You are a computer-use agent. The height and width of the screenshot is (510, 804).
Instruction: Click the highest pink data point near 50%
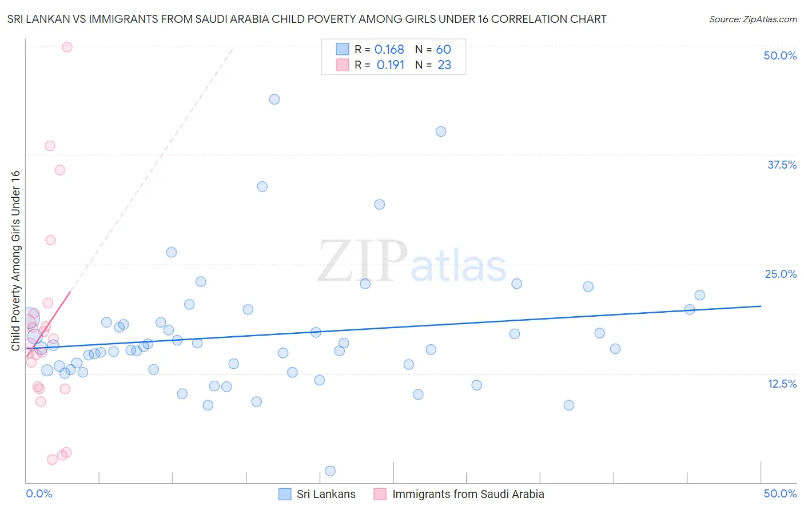pyautogui.click(x=67, y=47)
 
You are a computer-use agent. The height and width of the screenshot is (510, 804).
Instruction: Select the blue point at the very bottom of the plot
pyautogui.click(x=330, y=471)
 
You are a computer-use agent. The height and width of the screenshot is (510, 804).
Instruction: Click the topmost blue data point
pyautogui.click(x=274, y=99)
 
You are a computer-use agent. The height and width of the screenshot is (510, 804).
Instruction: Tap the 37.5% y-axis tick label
pyautogui.click(x=782, y=165)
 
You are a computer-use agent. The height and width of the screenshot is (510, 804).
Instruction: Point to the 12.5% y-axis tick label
pyautogui.click(x=782, y=384)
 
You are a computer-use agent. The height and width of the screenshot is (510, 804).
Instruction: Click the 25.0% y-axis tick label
pyautogui.click(x=781, y=274)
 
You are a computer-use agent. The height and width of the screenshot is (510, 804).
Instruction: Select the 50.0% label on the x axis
pyautogui.click(x=780, y=493)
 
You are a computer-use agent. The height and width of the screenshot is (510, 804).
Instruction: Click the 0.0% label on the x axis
pyautogui.click(x=39, y=493)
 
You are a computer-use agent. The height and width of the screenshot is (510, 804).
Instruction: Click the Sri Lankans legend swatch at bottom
pyautogui.click(x=285, y=494)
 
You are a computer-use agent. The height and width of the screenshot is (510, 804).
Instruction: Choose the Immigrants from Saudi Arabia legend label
pyautogui.click(x=468, y=494)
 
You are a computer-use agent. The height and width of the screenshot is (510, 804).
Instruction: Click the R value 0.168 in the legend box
pyautogui.click(x=389, y=50)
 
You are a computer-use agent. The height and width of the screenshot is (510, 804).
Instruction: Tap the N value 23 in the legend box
pyautogui.click(x=444, y=65)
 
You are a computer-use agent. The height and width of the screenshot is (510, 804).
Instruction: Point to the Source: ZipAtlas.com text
pyautogui.click(x=753, y=19)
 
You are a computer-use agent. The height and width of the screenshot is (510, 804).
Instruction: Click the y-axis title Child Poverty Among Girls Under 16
pyautogui.click(x=15, y=261)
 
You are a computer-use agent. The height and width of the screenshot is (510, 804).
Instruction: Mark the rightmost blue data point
pyautogui.click(x=699, y=295)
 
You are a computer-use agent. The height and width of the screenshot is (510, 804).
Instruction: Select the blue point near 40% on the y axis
pyautogui.click(x=441, y=132)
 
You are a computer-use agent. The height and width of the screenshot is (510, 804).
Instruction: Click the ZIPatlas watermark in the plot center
pyautogui.click(x=412, y=262)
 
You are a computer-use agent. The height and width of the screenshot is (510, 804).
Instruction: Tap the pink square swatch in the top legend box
pyautogui.click(x=342, y=65)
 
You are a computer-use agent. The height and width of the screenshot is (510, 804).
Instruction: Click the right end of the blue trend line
pyautogui.click(x=761, y=306)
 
